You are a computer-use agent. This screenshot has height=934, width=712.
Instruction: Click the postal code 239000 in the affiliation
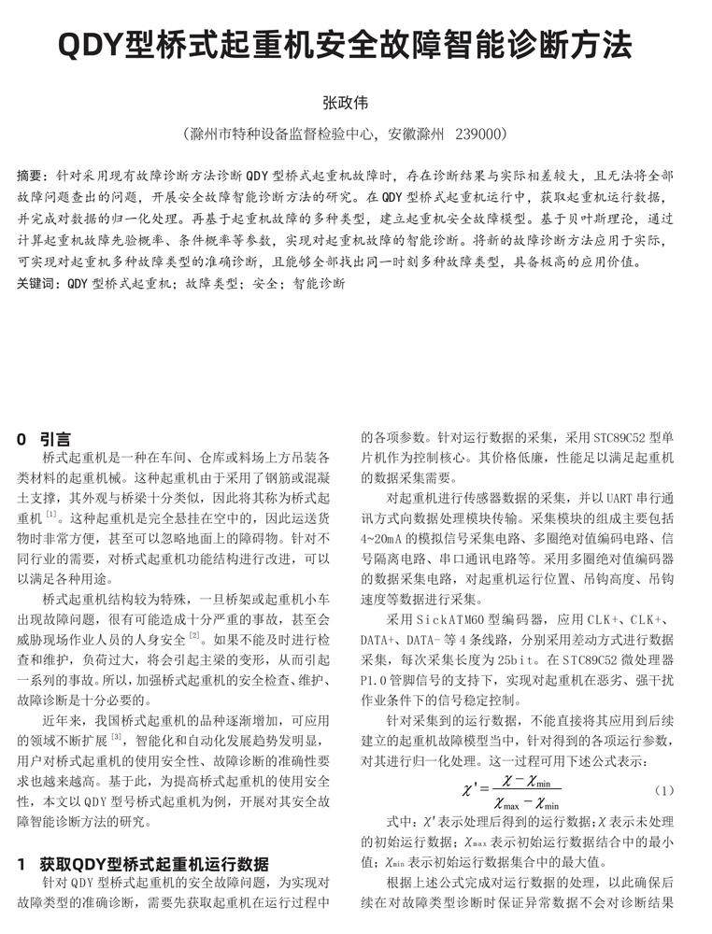tap(480, 134)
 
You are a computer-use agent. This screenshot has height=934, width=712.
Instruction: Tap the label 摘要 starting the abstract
tap(35, 176)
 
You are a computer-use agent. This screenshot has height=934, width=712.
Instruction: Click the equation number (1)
tap(663, 790)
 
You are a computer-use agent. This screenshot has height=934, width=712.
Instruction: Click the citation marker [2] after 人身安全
tap(194, 638)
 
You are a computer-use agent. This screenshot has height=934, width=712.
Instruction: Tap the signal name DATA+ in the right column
tap(377, 640)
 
